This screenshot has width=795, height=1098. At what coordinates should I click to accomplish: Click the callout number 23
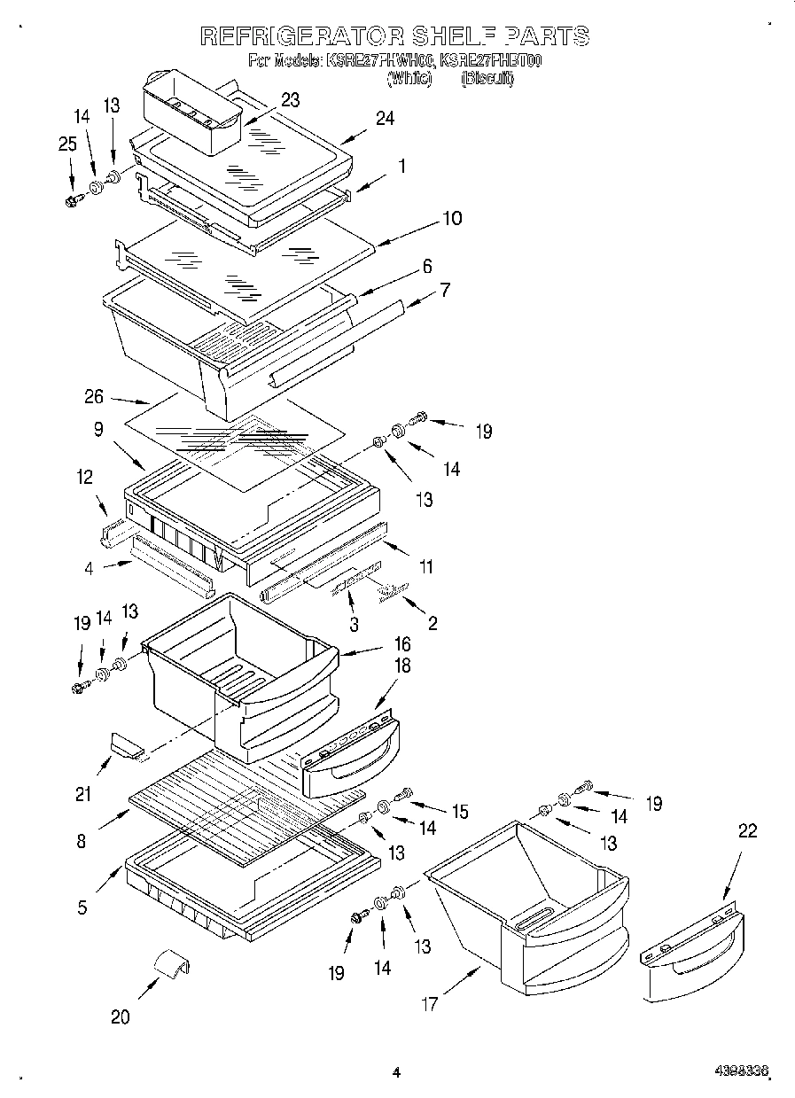tap(291, 100)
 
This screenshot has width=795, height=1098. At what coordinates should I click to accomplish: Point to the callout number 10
tap(451, 219)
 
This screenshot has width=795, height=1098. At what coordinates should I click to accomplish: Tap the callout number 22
tap(748, 830)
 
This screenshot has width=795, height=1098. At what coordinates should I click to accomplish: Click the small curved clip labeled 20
tap(168, 963)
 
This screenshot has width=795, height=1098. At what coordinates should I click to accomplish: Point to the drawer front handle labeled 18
tap(350, 756)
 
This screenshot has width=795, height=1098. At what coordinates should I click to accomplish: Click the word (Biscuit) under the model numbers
tap(487, 79)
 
